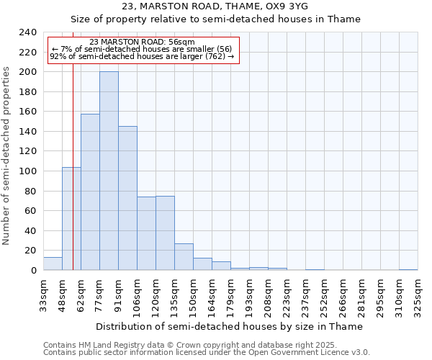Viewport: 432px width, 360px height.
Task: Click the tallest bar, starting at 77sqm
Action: (109, 171)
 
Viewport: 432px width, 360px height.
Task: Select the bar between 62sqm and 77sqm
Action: (90, 192)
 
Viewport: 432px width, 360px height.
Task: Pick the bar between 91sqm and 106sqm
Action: (127, 198)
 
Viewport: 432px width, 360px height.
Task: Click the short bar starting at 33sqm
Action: (53, 264)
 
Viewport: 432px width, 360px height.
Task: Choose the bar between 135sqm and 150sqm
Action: (184, 257)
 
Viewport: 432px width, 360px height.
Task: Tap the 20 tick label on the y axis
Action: (30, 251)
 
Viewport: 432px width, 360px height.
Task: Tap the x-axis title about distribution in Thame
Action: (229, 326)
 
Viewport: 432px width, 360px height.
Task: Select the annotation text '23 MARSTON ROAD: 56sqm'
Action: (143, 42)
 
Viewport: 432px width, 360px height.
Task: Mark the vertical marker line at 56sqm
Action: (73, 180)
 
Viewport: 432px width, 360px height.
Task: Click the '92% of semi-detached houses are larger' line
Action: (142, 56)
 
